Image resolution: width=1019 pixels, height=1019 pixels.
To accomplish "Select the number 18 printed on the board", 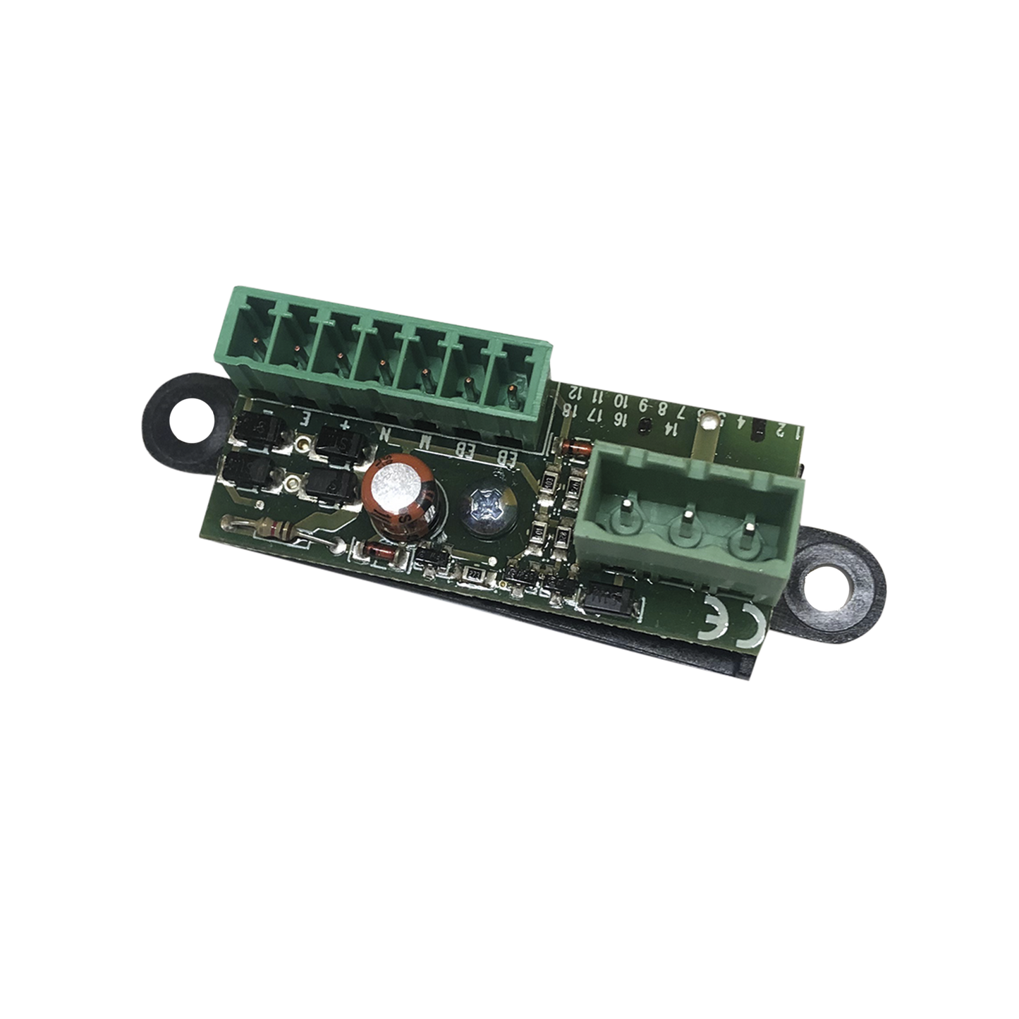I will pyautogui.click(x=575, y=410).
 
